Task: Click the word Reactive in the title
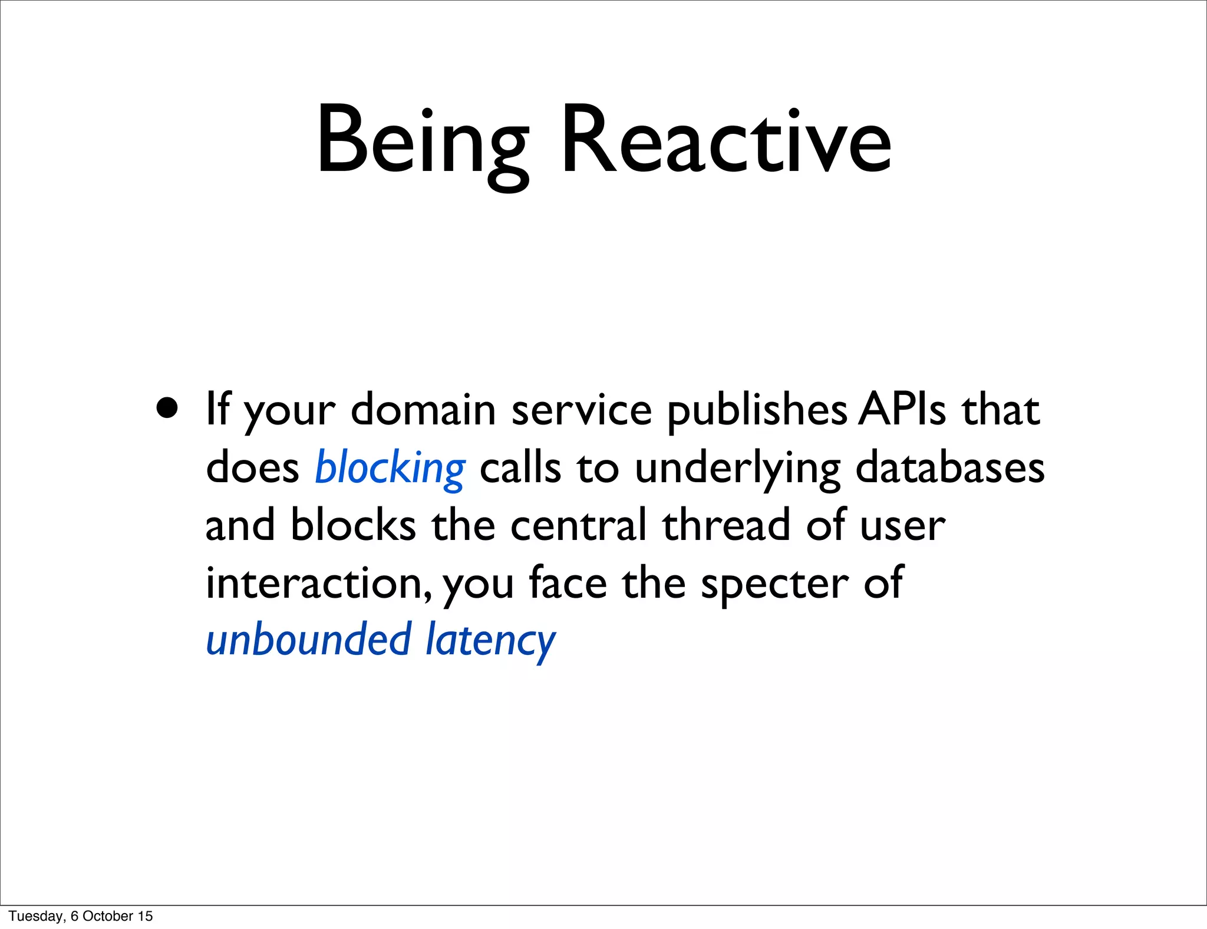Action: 726,141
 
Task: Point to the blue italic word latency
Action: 490,641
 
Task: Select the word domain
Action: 423,409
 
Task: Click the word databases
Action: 949,467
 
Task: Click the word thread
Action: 726,525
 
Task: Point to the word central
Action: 578,525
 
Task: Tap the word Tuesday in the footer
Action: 36,916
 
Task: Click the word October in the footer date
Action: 108,916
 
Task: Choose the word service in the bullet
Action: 581,409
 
